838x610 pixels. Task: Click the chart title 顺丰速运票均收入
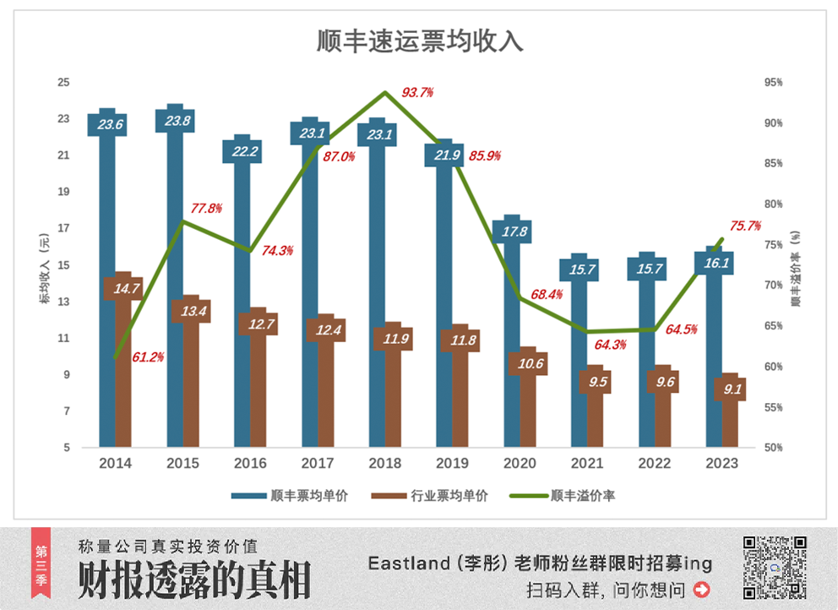point(420,41)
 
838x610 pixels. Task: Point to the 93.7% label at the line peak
point(417,92)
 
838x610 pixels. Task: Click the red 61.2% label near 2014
point(148,357)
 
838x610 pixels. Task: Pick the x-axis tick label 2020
point(520,464)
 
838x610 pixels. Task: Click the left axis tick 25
point(63,83)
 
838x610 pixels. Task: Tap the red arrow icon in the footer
point(701,589)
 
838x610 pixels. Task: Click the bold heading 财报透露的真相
point(194,580)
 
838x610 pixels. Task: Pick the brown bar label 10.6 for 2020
point(526,364)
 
